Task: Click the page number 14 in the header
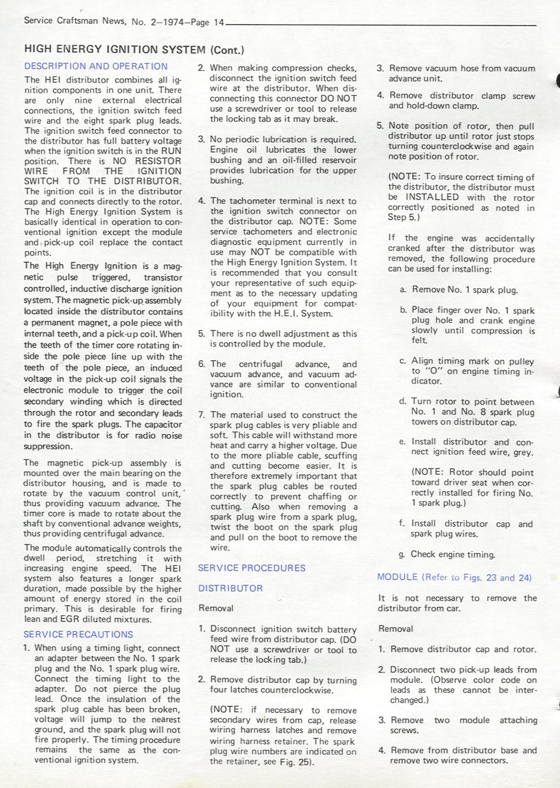tap(219, 23)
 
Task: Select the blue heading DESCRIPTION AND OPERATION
tap(96, 66)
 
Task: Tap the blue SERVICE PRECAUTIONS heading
tap(78, 635)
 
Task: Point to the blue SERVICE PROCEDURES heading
tap(251, 568)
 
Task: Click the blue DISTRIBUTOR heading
tap(230, 588)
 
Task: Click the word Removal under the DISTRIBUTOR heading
tap(216, 609)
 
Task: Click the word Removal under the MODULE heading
tap(396, 629)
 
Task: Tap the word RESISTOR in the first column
tap(158, 161)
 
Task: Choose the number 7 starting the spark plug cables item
tap(201, 415)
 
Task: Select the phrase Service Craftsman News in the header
tap(75, 21)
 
